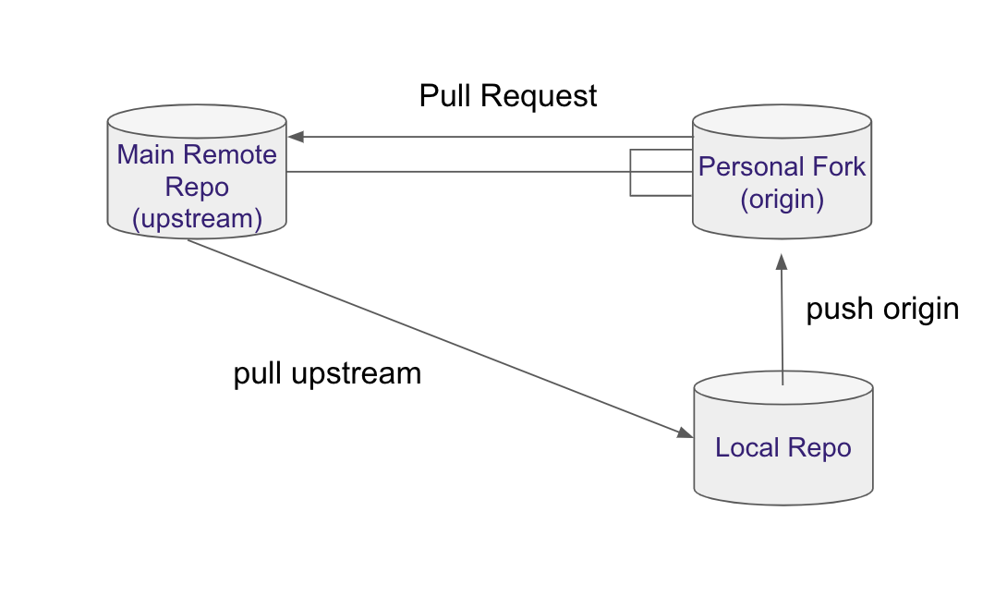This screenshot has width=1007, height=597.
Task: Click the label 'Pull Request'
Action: pos(508,96)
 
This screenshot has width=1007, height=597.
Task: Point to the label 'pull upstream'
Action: pos(327,373)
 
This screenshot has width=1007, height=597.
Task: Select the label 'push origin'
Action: pos(882,309)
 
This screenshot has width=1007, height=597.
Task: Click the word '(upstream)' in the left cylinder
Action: pos(197,219)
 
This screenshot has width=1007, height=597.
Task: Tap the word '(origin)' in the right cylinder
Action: pos(782,199)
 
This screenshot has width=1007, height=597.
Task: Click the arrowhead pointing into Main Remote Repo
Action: pos(295,137)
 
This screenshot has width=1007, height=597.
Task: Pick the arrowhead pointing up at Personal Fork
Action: pos(783,262)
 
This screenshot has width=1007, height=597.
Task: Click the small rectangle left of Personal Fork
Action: pos(661,173)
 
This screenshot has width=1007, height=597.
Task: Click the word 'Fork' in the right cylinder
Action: pos(837,167)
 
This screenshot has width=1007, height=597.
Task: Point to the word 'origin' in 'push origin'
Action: pos(918,309)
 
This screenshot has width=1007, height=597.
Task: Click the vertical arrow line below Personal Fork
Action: pos(783,323)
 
